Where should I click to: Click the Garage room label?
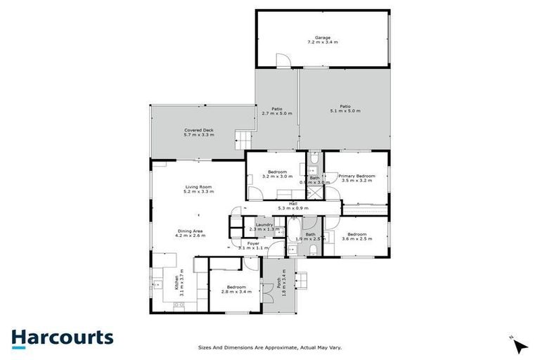click(x=323, y=37)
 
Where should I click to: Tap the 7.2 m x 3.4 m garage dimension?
click(x=323, y=43)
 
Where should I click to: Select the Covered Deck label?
click(x=199, y=130)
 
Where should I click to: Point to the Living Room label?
click(x=198, y=186)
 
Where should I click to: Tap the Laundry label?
click(x=264, y=224)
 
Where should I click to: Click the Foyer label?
click(x=254, y=243)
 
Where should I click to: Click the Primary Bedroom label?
click(x=356, y=176)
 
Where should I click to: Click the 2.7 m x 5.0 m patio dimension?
click(x=277, y=113)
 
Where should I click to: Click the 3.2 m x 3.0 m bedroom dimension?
click(x=277, y=176)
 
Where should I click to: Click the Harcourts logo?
click(x=62, y=337)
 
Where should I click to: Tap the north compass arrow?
click(x=520, y=345)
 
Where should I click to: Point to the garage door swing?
click(x=282, y=61)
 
